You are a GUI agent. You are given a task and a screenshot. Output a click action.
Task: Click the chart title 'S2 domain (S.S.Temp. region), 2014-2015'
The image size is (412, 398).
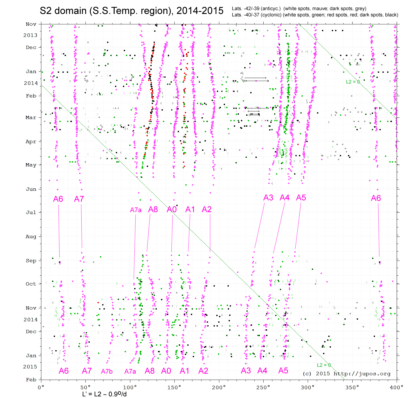pos(132,11)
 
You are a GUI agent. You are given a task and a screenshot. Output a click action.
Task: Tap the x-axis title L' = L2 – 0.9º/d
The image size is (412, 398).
pos(104,394)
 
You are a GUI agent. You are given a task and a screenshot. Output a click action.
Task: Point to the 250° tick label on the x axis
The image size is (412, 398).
pos(263,387)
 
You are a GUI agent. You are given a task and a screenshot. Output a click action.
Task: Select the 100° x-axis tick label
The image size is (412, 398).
pos(130,387)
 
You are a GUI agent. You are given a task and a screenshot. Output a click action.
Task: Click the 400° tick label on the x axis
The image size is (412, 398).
pos(397,387)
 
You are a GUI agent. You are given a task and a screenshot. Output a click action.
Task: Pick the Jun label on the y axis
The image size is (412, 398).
pos(31,189)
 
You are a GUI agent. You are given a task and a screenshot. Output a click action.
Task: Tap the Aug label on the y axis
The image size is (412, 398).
pos(31,237)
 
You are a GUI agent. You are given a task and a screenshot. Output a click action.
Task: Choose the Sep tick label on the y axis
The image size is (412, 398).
pos(31,261)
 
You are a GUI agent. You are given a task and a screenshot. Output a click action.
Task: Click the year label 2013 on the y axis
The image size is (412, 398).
pos(30,35)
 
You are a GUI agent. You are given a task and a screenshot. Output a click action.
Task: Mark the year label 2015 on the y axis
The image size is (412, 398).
pos(30,367)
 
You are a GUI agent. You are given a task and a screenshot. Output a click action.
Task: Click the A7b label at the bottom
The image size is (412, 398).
pos(107,371)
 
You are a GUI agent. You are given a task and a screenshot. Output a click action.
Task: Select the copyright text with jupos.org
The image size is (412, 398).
pos(347,374)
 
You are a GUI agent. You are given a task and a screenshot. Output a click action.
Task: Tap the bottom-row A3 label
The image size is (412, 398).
pos(246,371)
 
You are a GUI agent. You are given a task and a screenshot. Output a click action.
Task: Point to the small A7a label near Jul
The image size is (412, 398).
pos(136,210)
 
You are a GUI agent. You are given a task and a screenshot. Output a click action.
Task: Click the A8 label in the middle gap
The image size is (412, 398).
pos(153,209)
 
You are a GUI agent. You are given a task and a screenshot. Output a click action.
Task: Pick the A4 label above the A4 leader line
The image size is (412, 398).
pos(284,198)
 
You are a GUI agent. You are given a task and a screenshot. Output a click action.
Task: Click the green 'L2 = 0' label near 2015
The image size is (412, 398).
pos(324,365)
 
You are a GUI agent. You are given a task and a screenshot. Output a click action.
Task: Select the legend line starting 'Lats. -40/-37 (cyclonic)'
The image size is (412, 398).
pos(315,15)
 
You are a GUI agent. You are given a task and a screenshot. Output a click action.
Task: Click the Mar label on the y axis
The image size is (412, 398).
pos(31,117)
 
